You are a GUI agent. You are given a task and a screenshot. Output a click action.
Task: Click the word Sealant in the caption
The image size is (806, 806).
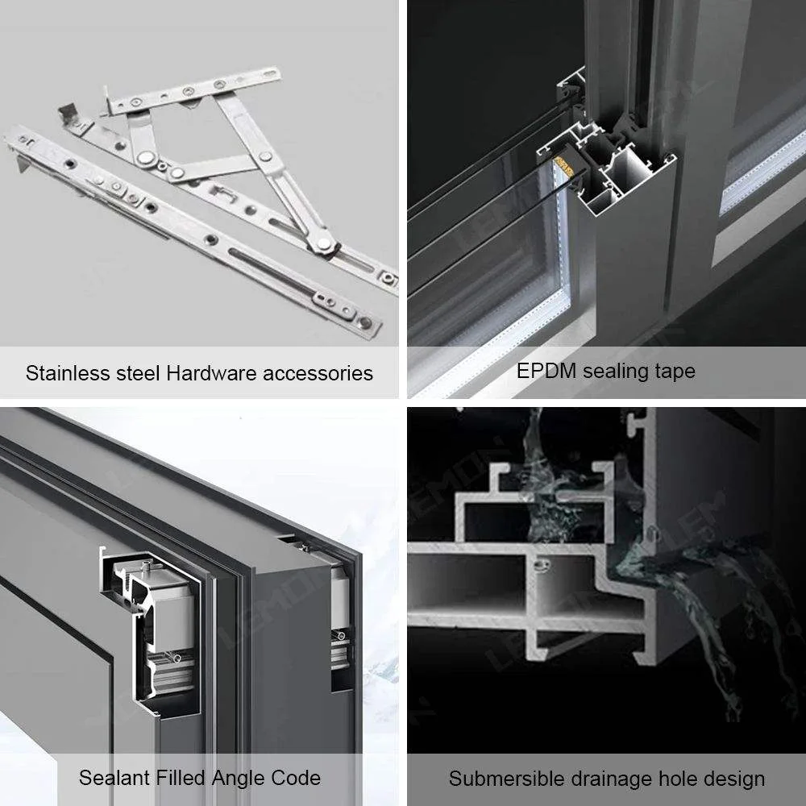pyautogui.click(x=113, y=778)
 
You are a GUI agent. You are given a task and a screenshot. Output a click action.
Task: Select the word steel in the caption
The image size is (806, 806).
pyautogui.click(x=138, y=373)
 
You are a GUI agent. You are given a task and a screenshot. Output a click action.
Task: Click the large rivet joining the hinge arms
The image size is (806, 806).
pyautogui.click(x=147, y=159)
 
